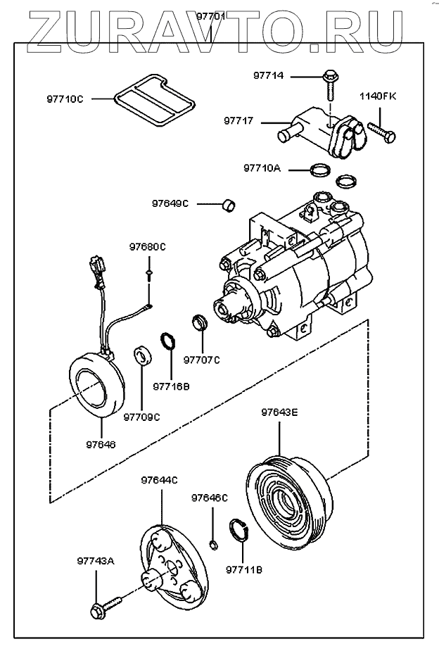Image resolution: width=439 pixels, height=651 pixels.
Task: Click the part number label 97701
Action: [211, 15]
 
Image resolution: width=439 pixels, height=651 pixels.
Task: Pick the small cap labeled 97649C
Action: [228, 205]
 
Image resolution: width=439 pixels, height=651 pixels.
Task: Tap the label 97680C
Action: [147, 247]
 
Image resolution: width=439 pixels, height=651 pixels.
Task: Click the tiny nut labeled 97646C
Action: [214, 543]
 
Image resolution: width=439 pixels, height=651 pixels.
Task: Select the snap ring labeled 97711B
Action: [239, 529]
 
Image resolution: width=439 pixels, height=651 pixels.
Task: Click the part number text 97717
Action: [238, 121]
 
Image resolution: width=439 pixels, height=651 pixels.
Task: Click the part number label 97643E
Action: [279, 412]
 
